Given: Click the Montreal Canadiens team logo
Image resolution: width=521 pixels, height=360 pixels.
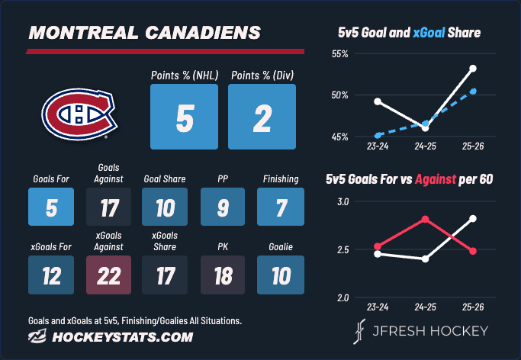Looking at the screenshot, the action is click(x=79, y=114).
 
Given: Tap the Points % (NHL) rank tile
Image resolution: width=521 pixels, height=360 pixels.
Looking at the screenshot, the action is click(x=184, y=117).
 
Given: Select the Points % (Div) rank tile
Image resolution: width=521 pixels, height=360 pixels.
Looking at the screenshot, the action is click(x=262, y=117).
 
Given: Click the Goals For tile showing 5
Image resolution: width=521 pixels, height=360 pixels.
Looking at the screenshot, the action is click(x=51, y=207).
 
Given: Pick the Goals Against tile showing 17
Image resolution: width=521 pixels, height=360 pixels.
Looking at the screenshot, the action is click(x=108, y=207).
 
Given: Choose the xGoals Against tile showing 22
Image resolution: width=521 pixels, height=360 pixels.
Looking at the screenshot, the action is click(x=108, y=275).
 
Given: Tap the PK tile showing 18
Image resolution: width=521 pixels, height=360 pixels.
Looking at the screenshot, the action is click(x=223, y=275).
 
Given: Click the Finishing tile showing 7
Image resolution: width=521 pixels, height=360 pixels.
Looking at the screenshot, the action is click(x=281, y=207).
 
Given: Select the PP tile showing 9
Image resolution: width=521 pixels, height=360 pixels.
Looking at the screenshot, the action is click(x=223, y=207).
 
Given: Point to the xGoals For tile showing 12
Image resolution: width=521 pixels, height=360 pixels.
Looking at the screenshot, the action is click(x=51, y=275).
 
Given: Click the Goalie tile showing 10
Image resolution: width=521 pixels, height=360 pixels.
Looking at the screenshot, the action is click(x=281, y=275).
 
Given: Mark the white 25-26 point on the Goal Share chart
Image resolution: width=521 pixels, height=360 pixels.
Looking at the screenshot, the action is click(x=473, y=69).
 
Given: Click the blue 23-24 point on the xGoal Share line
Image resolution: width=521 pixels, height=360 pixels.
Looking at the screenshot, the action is click(x=378, y=136).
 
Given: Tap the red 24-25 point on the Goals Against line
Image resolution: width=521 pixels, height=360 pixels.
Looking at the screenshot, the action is click(x=426, y=219).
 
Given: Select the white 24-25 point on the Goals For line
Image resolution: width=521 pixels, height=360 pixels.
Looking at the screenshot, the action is click(x=426, y=259).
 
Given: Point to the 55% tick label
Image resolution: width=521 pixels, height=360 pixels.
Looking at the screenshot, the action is click(x=339, y=54).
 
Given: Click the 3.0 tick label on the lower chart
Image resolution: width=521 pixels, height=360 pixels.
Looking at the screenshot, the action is click(x=343, y=201).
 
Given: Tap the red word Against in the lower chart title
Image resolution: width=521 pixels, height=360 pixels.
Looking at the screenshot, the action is click(x=436, y=179).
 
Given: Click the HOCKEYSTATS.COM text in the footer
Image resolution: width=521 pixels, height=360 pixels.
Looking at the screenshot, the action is click(x=123, y=337).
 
